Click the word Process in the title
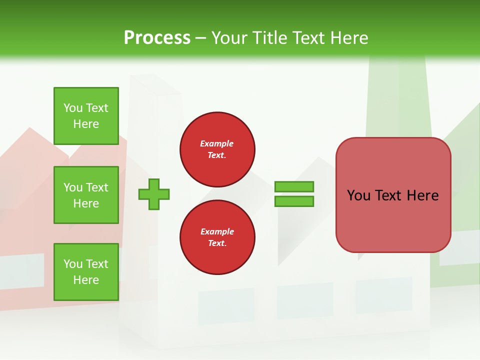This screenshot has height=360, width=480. point(157,37)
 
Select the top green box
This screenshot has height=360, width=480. point(86,116)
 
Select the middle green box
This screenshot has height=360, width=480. point(86,195)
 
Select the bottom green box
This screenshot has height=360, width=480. point(86,271)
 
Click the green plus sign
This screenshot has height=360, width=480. point(154,194)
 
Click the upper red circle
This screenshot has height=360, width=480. point(217,149)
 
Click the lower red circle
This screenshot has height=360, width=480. point(217,237)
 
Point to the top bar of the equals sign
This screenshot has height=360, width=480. point(294,186)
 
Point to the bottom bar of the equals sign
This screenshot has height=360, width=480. point(294,201)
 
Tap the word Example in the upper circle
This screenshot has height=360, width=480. point(217,143)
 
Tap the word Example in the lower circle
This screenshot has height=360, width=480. point(217,231)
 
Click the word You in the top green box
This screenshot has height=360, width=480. point(73,108)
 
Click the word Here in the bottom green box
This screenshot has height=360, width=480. point(86,280)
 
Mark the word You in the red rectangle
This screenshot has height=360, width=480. point(358,195)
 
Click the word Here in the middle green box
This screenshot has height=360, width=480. point(86,203)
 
